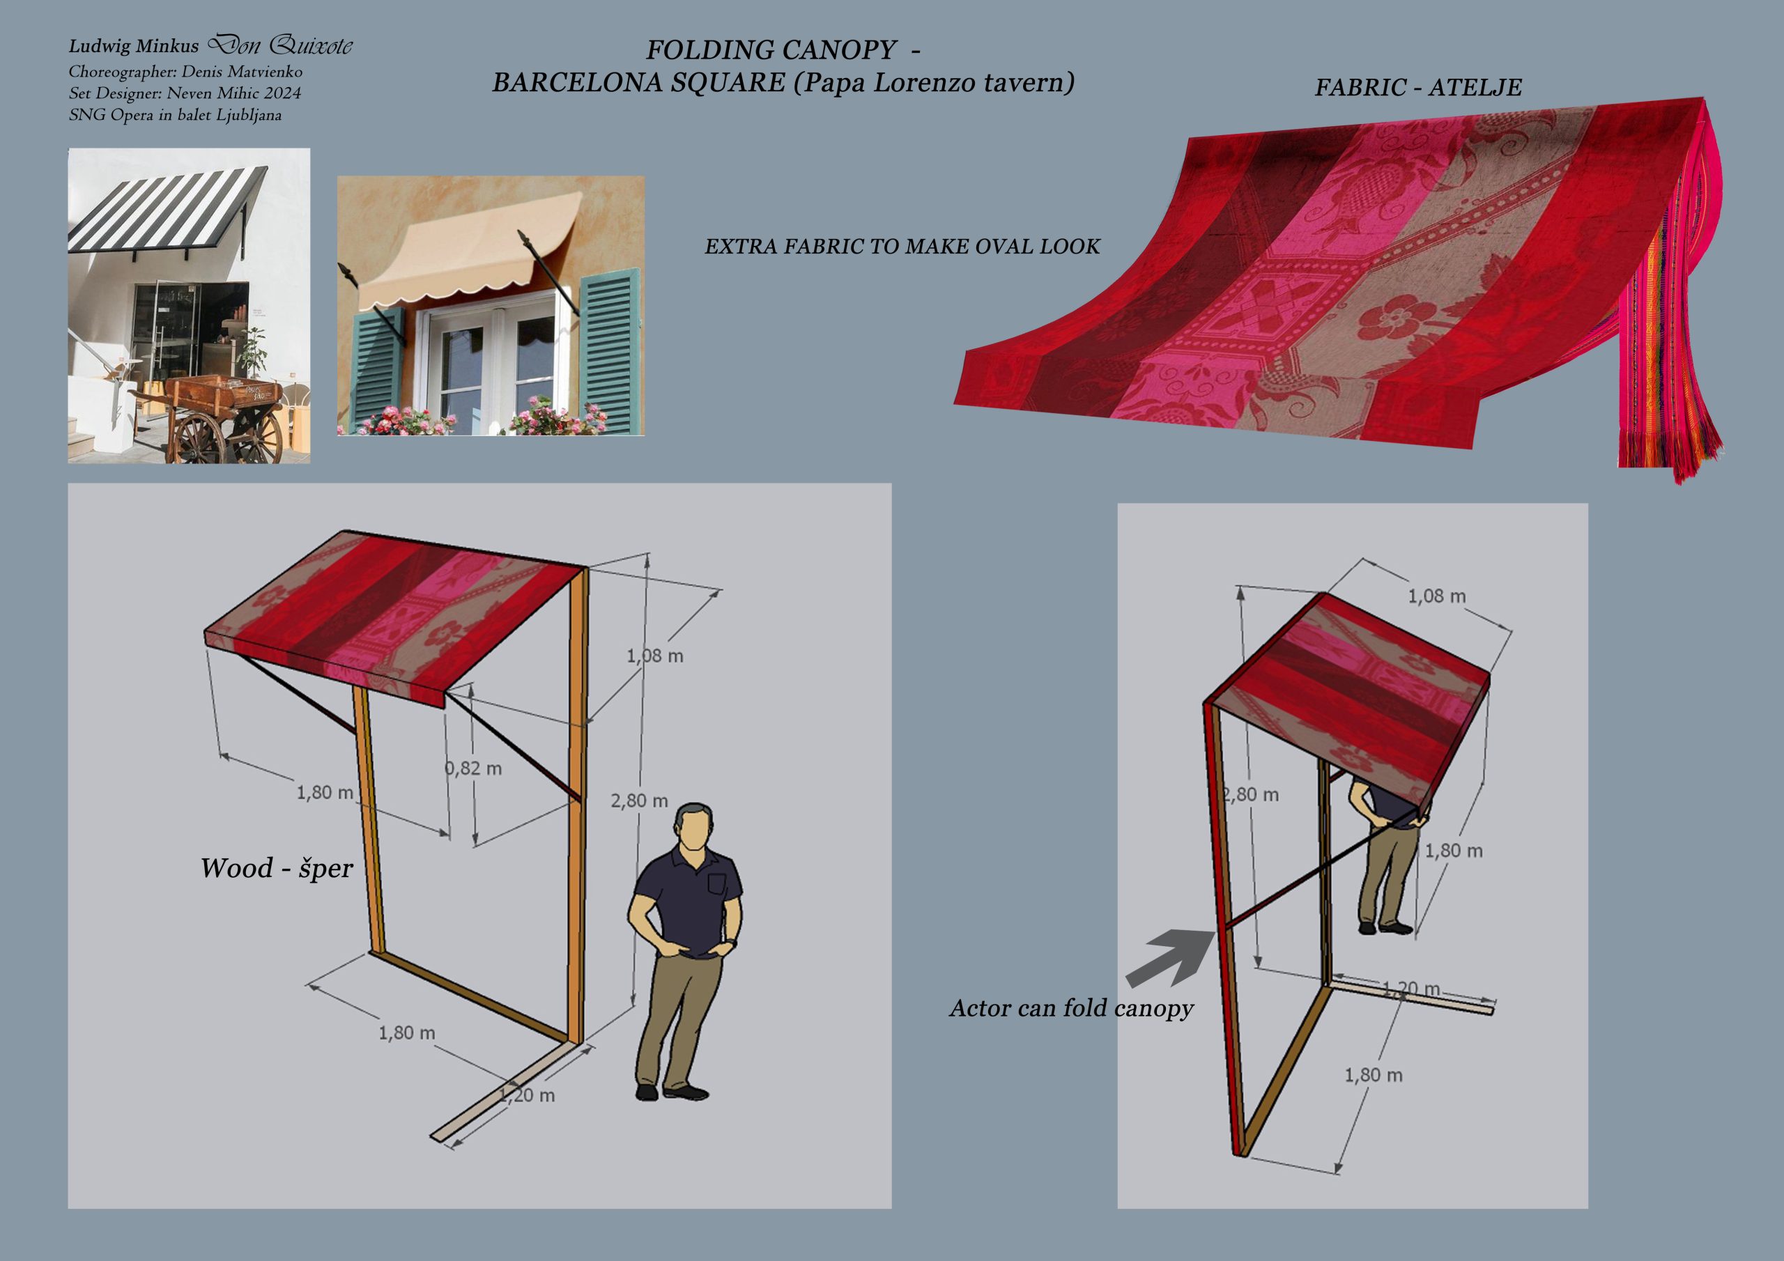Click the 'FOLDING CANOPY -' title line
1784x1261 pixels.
[783, 49]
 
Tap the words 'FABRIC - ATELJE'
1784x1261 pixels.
[1418, 87]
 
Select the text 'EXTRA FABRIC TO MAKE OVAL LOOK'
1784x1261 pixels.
[902, 247]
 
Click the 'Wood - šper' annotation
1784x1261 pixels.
[277, 868]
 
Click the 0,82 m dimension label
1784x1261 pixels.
[473, 768]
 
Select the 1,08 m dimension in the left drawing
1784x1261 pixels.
[655, 656]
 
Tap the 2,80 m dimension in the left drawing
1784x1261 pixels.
[639, 801]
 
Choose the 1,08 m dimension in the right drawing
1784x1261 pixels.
[1437, 596]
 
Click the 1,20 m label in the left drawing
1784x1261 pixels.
[526, 1095]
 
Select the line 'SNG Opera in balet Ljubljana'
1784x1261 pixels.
[175, 115]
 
